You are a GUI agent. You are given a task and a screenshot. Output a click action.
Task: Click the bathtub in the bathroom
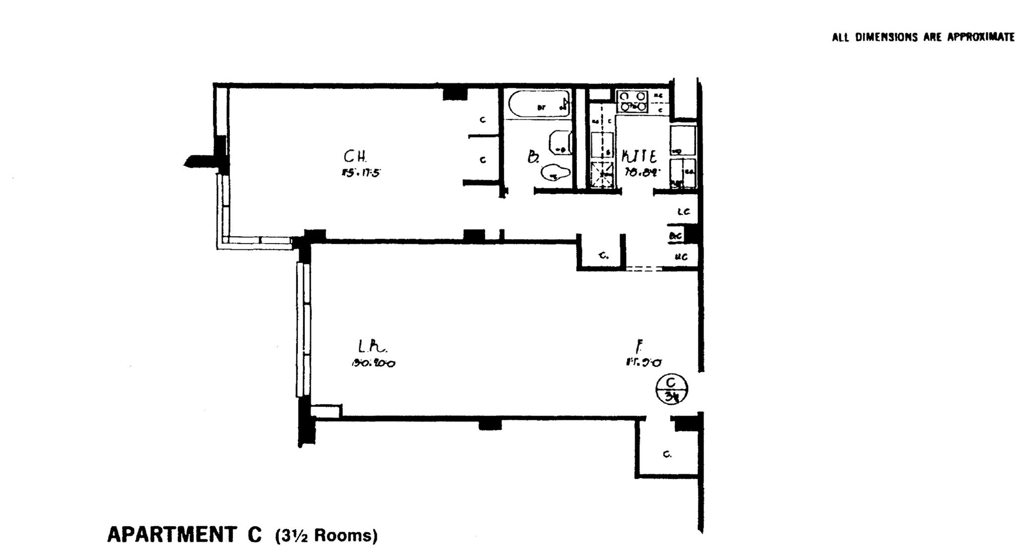[x=539, y=104]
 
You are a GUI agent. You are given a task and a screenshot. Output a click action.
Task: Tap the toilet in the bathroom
[x=555, y=173]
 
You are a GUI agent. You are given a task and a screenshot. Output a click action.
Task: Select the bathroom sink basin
[x=560, y=143]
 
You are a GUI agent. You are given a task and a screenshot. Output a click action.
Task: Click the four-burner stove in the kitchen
[x=632, y=101]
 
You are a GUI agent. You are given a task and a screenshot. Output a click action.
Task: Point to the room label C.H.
[x=355, y=157]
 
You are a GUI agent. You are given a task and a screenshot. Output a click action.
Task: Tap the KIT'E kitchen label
[x=639, y=157]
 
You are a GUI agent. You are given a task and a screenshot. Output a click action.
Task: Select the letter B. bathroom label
[x=533, y=158]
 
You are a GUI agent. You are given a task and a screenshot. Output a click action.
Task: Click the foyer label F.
[x=640, y=345]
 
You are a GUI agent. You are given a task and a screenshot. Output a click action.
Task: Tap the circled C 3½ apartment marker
[x=672, y=389]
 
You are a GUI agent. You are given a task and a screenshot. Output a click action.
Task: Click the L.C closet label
[x=683, y=212]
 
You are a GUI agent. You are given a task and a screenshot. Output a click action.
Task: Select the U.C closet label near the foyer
[x=681, y=257]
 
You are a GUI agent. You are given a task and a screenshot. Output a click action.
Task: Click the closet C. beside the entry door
[x=668, y=454]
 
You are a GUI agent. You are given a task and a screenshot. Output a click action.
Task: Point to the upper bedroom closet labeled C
[x=483, y=120]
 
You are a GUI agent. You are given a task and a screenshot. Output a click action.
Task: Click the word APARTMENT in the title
[x=171, y=535]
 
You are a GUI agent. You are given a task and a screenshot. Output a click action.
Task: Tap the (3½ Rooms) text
[x=327, y=536]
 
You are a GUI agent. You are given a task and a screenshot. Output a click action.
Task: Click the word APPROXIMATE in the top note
[x=981, y=37]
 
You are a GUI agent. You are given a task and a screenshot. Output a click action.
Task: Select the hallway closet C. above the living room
[x=603, y=255]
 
